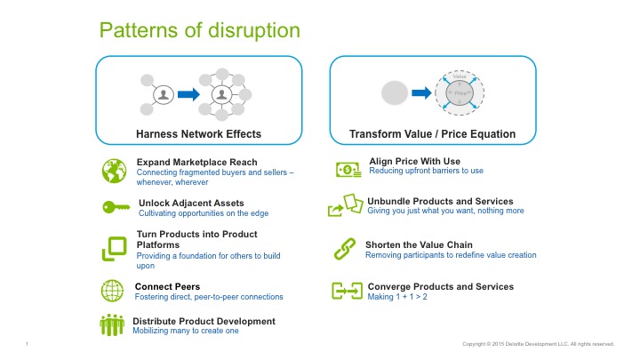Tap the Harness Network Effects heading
pos(198,133)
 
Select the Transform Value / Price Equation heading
pos(432,133)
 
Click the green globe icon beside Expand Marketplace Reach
pos(116,171)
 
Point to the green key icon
pos(116,207)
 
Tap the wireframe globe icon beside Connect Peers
pos(113,291)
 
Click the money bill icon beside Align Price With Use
pos(348,170)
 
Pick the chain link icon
pos(343,250)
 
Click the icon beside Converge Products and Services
pos(346,292)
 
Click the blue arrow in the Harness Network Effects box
pos(188,93)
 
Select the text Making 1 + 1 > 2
pos(402,298)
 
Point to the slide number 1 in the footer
pos(28,344)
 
